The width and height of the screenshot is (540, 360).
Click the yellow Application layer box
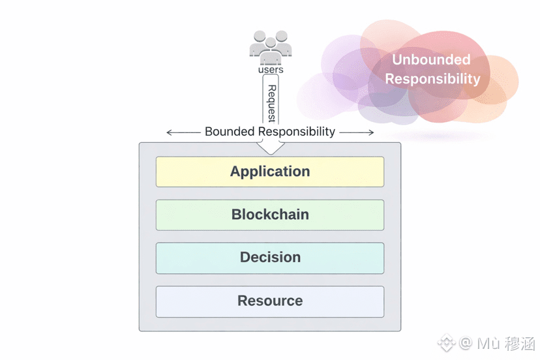pos(270,172)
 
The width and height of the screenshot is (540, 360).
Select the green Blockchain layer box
pos(270,215)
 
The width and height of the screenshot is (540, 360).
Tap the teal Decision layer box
pos(270,258)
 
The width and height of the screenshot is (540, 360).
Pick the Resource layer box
pos(270,301)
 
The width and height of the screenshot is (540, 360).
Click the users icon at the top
pos(271,48)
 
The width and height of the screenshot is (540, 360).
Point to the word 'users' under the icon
pos(271,70)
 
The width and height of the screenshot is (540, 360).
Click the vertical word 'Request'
pos(272,103)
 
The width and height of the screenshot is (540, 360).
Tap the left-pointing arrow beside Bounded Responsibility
pos(183,132)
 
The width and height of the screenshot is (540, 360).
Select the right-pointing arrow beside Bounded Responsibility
pos(357,132)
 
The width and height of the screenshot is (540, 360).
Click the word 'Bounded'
pos(230,132)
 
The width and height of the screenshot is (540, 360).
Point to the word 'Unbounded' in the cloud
pos(431,59)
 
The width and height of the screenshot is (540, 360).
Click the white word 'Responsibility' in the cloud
pos(432,79)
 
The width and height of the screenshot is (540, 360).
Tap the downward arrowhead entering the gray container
pos(271,148)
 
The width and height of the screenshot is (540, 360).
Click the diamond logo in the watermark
pos(447,343)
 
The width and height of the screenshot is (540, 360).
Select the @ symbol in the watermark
pos(466,343)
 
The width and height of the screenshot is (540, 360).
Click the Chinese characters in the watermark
pos(520,344)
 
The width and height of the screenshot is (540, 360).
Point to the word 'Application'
pos(270,172)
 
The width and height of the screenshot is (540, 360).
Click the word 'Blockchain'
pos(270,215)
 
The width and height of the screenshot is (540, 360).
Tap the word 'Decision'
pos(271,258)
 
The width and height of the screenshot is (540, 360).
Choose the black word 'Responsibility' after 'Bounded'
pos(297,132)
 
